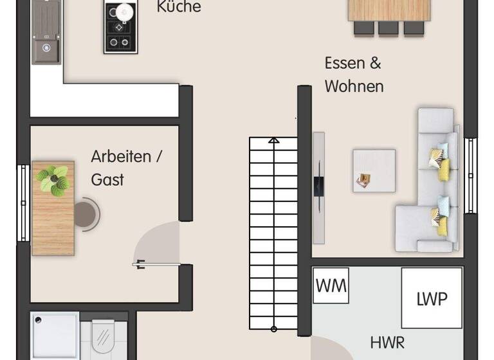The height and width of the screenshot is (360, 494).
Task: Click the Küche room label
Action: pos(179,7)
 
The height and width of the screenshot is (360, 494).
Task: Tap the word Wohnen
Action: pos(354,86)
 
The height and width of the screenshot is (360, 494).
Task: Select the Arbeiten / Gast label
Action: pos(120,168)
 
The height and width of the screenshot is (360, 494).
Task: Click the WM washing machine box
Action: pos(331,285)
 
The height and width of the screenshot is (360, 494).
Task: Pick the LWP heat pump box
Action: pos(432,298)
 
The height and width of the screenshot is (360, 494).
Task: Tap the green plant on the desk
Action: pos(53,179)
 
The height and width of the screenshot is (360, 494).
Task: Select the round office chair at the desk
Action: pos(86,213)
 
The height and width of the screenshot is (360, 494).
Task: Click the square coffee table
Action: pos(374,170)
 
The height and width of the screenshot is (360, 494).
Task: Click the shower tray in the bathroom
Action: pos(55,336)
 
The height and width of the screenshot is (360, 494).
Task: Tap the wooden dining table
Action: pos(389,10)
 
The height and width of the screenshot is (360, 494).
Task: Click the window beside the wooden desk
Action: pos(23,203)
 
